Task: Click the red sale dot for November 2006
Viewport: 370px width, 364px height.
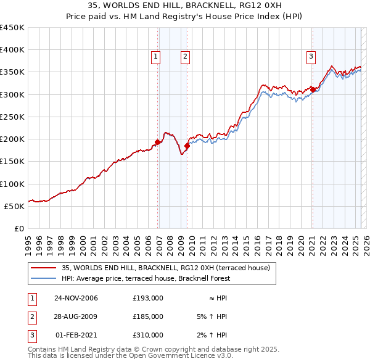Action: [158, 142]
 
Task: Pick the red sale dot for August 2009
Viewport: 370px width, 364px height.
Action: [187, 146]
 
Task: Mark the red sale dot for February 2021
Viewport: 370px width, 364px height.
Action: [313, 89]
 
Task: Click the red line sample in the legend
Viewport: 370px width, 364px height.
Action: [43, 268]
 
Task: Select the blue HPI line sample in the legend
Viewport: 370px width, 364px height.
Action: [43, 278]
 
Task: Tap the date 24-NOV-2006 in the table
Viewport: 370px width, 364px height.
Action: [76, 298]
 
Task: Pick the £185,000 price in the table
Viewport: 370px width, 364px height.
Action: [148, 316]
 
